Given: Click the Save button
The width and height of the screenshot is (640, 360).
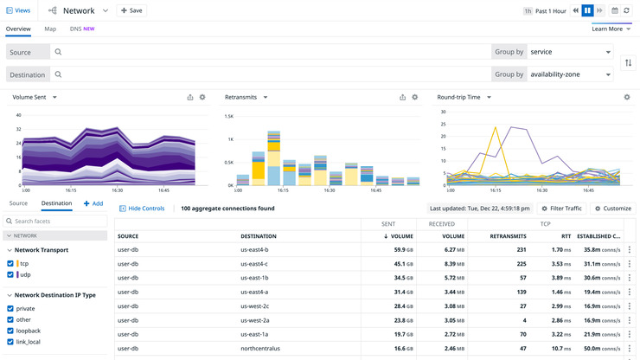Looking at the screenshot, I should pyautogui.click(x=131, y=10).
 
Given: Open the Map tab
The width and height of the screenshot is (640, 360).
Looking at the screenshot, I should pyautogui.click(x=50, y=29).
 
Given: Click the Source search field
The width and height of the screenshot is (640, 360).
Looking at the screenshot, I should pyautogui.click(x=268, y=52).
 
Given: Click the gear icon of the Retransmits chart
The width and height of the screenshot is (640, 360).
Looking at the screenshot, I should pyautogui.click(x=414, y=97).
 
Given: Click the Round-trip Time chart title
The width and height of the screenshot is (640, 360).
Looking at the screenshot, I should pyautogui.click(x=464, y=97).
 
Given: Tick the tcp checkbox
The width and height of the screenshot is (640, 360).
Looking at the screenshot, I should pyautogui.click(x=10, y=263).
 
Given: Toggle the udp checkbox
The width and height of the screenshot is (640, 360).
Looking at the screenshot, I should pyautogui.click(x=10, y=274).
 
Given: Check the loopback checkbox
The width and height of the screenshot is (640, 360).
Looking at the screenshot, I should pyautogui.click(x=10, y=331).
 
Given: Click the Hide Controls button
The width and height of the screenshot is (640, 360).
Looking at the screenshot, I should pyautogui.click(x=142, y=209).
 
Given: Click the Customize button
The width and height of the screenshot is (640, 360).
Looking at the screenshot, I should pyautogui.click(x=612, y=209).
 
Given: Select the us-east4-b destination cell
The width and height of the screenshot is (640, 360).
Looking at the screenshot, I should pyautogui.click(x=254, y=249).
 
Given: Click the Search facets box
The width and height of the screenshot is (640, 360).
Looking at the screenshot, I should pyautogui.click(x=57, y=222).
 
